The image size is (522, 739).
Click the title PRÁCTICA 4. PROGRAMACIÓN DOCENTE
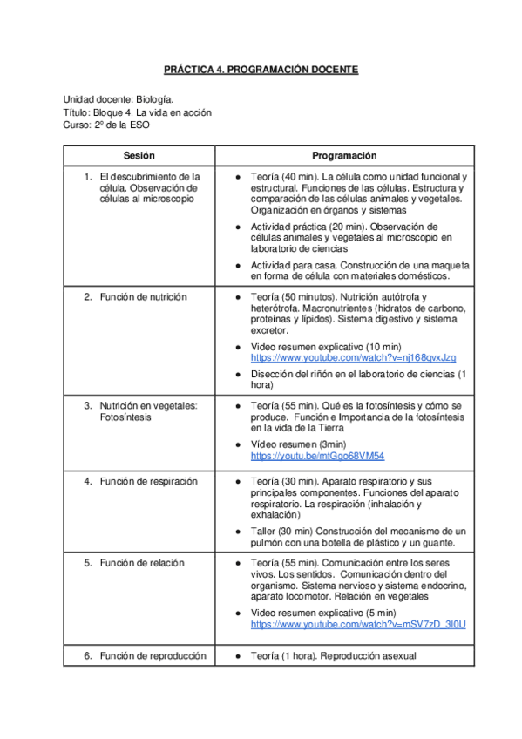pos(261,69)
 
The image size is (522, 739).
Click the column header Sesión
pos(139,155)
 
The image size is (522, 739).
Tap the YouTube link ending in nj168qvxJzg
pos(353,358)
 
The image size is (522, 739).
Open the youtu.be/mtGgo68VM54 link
pos(317,456)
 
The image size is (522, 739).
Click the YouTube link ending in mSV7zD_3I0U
pos(358,625)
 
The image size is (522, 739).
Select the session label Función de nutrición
pos(143,297)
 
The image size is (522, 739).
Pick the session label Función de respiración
pos(148,481)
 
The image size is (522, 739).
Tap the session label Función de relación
pos(142,563)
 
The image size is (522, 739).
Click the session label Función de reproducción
pos(153,655)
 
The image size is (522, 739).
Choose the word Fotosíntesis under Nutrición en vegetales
pos(125,417)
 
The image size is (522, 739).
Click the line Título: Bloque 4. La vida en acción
pos(137,112)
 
